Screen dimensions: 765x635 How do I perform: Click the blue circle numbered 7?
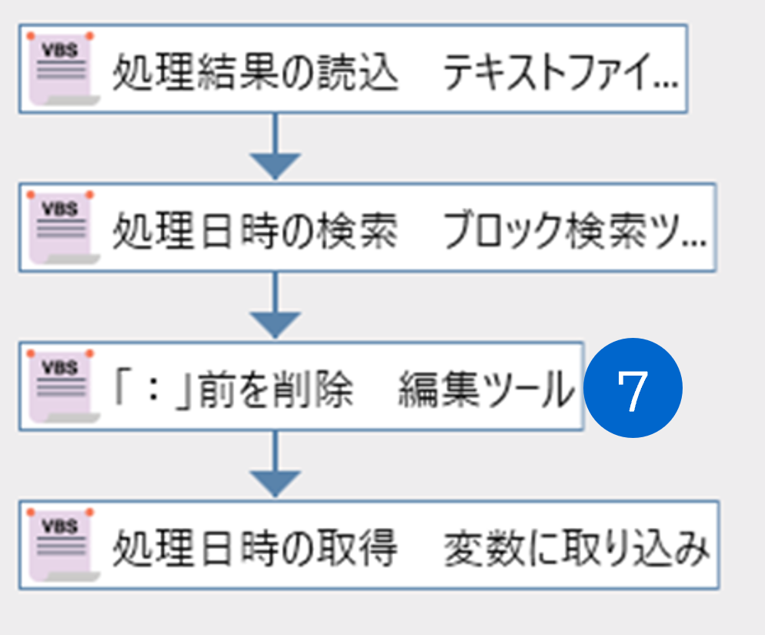pyautogui.click(x=633, y=388)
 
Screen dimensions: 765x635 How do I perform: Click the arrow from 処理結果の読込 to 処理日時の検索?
pyautogui.click(x=276, y=146)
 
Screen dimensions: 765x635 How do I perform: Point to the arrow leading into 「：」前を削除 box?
pyautogui.click(x=276, y=305)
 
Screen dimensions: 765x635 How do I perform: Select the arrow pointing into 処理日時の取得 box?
pyautogui.click(x=276, y=464)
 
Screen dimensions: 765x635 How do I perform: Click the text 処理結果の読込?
pyautogui.click(x=256, y=72)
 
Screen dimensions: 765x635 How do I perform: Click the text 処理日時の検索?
pyautogui.click(x=256, y=231)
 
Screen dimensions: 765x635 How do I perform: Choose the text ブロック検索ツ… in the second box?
pyautogui.click(x=575, y=231)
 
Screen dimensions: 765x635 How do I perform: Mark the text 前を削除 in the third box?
pyautogui.click(x=276, y=389)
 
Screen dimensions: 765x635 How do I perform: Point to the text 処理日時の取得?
pyautogui.click(x=256, y=549)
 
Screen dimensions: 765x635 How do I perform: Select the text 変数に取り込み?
pyautogui.click(x=576, y=549)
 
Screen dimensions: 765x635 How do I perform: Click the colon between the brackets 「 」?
pyautogui.click(x=154, y=389)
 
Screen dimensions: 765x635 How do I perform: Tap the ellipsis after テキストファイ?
pyautogui.click(x=666, y=85)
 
